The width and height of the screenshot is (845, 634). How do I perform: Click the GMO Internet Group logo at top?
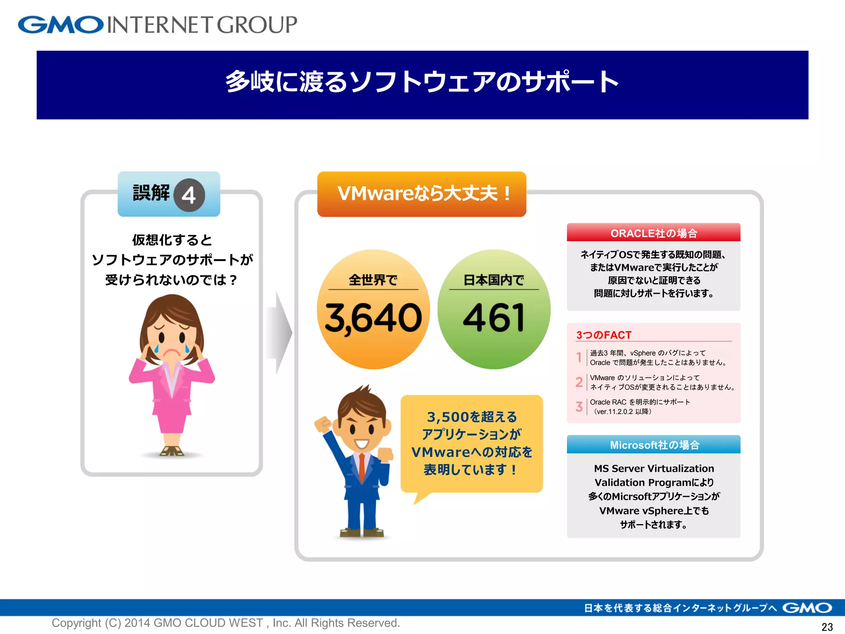tap(157, 25)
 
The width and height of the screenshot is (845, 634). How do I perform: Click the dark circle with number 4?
tap(189, 195)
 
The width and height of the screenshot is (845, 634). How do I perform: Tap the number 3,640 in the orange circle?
tap(373, 318)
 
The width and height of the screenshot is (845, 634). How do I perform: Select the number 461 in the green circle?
tap(494, 318)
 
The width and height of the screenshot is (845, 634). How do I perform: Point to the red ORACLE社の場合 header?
tap(654, 233)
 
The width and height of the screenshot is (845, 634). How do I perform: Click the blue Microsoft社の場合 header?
tap(654, 445)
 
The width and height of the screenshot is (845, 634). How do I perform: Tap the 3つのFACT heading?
tap(604, 335)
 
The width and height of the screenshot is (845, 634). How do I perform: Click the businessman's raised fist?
tap(323, 423)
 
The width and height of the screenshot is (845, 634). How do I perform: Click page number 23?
tap(827, 627)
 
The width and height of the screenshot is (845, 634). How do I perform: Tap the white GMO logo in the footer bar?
tap(807, 608)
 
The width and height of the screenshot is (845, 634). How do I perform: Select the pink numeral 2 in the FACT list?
tap(579, 382)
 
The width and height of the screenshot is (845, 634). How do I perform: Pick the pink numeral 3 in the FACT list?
tap(579, 407)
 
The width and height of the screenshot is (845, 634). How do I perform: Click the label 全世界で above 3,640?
tap(373, 280)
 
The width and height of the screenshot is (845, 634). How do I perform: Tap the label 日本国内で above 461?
tap(493, 280)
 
